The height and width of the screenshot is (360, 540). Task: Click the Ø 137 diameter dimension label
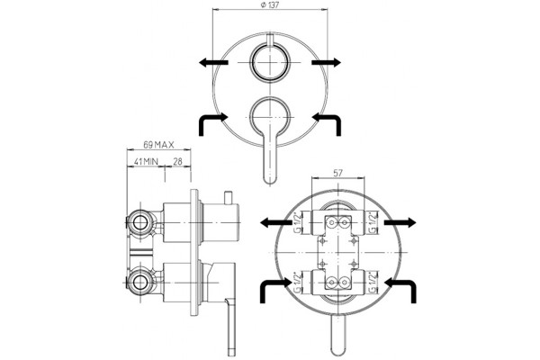click(270, 4)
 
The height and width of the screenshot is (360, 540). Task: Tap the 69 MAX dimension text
click(158, 145)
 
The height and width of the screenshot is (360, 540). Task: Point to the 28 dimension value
click(177, 161)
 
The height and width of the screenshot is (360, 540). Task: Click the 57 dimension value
click(337, 173)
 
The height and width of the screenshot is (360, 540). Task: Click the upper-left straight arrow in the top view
click(213, 62)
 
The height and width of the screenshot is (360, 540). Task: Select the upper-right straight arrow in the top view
click(326, 62)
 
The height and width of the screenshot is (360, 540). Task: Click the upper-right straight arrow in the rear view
click(400, 222)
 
